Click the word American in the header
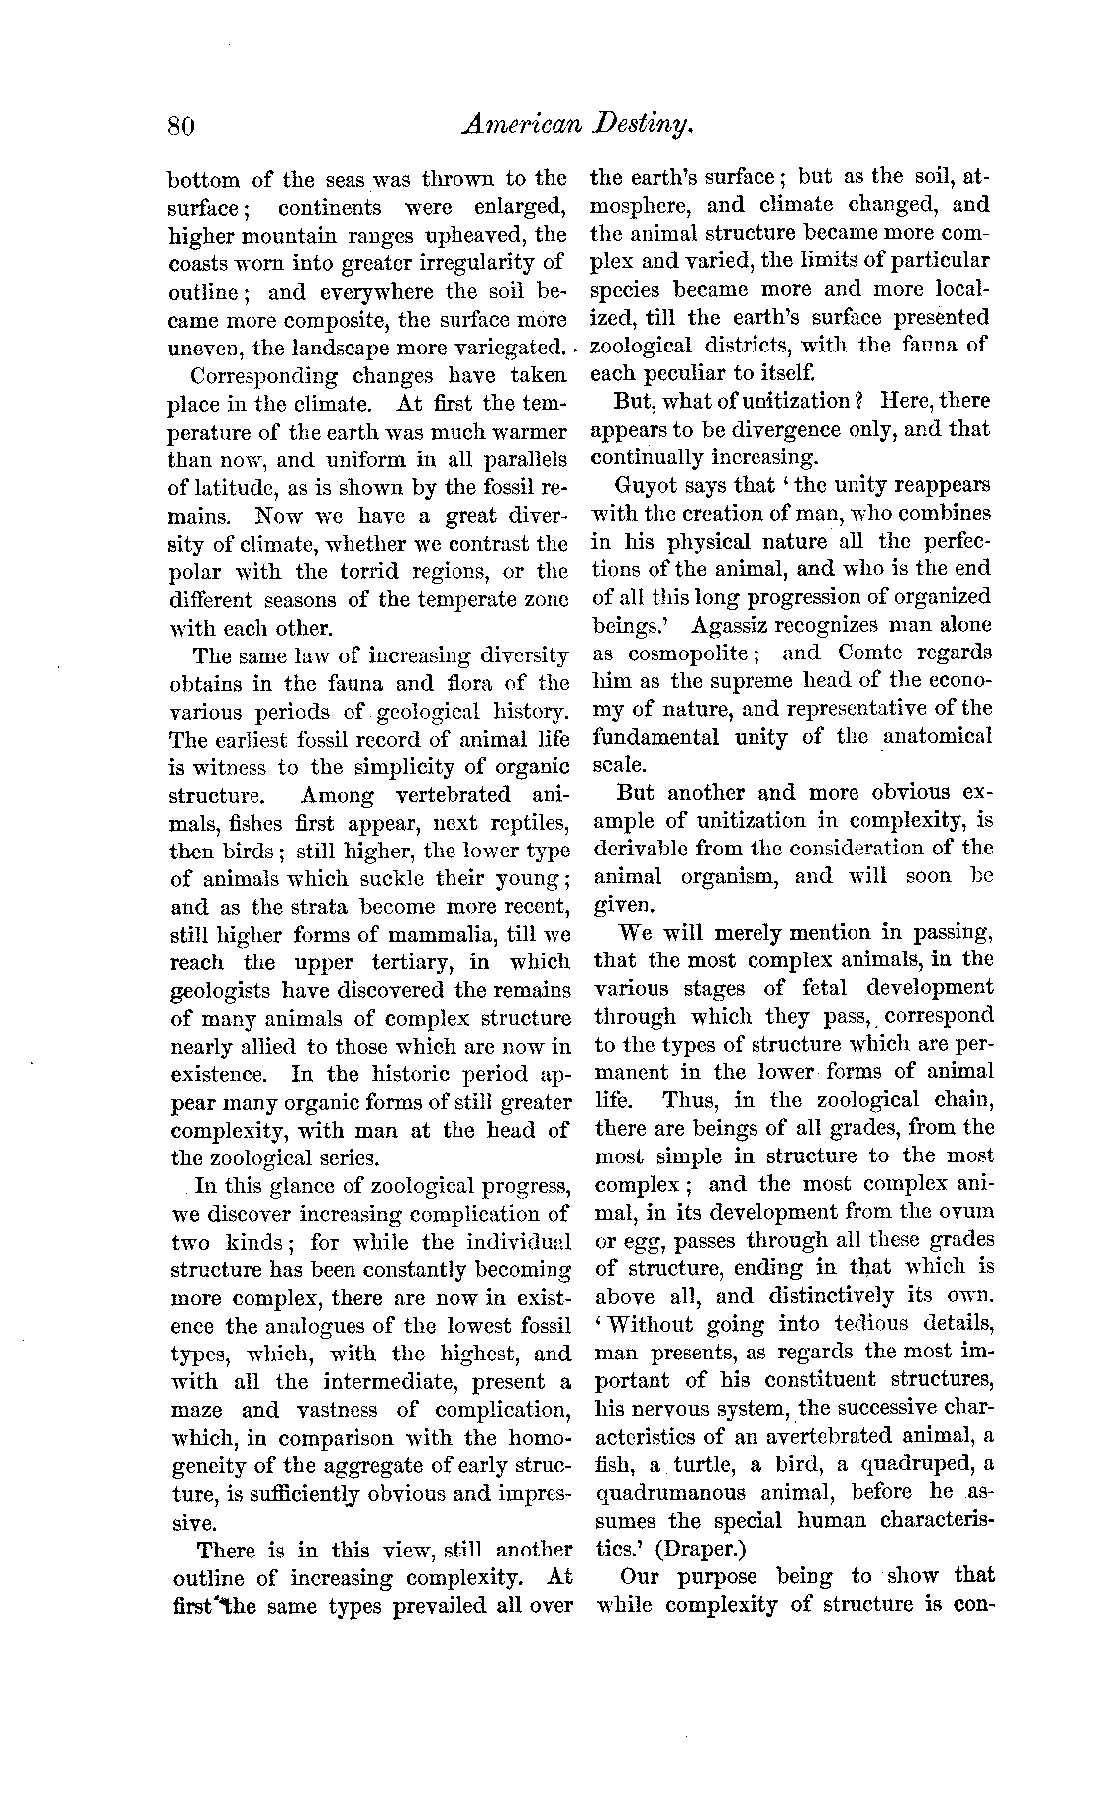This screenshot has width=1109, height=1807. coord(506,125)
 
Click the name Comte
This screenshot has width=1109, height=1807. coord(873,653)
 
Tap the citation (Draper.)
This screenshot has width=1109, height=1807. coord(700,1548)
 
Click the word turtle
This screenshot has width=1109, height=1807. coord(697,1464)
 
